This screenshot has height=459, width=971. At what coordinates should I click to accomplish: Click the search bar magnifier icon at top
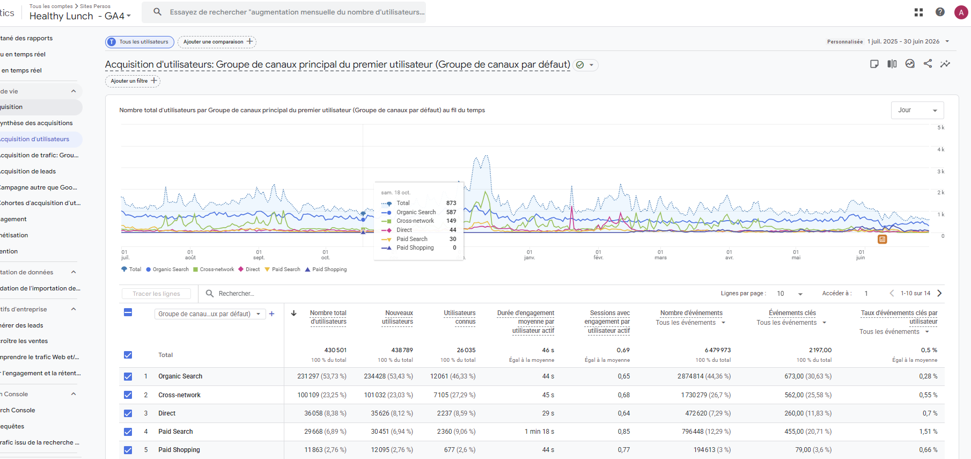pyautogui.click(x=157, y=12)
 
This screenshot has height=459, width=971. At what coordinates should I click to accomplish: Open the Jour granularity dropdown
pyautogui.click(x=917, y=110)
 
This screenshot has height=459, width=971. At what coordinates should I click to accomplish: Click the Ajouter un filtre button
pyautogui.click(x=133, y=81)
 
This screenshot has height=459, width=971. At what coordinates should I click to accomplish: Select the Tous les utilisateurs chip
pyautogui.click(x=139, y=42)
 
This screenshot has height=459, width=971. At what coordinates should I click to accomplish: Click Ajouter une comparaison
pyautogui.click(x=217, y=42)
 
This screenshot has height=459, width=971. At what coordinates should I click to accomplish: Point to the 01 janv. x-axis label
pyautogui.click(x=529, y=254)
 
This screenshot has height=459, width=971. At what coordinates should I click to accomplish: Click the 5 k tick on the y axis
pyautogui.click(x=941, y=128)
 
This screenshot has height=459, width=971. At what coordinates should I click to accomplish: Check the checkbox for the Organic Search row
pyautogui.click(x=128, y=376)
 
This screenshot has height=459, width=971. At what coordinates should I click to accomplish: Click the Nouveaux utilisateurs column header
pyautogui.click(x=398, y=317)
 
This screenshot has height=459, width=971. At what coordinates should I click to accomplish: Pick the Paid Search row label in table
pyautogui.click(x=175, y=432)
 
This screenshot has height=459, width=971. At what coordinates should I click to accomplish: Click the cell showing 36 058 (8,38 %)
pyautogui.click(x=325, y=413)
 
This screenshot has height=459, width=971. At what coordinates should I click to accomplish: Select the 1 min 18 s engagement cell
pyautogui.click(x=539, y=432)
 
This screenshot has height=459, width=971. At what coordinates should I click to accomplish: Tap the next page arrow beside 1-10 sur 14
pyautogui.click(x=939, y=293)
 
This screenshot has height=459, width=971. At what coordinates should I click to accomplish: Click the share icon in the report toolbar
pyautogui.click(x=928, y=63)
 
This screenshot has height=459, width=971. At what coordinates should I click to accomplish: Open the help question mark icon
pyautogui.click(x=940, y=12)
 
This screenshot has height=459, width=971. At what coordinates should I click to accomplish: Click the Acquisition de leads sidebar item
pyautogui.click(x=28, y=171)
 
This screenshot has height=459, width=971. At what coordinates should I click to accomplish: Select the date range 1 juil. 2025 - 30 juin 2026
pyautogui.click(x=903, y=41)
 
